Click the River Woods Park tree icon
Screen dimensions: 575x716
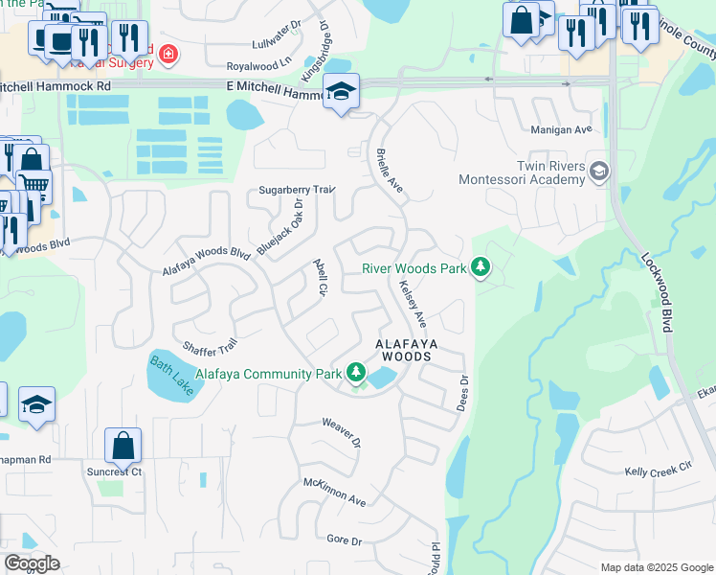[481, 268]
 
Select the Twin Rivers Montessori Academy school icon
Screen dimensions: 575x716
[599, 172]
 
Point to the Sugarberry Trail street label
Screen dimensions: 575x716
[297, 191]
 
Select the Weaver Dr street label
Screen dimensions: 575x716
[341, 433]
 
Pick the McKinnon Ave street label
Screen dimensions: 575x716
[335, 493]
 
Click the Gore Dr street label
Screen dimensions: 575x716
[345, 541]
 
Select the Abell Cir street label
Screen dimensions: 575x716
[321, 277]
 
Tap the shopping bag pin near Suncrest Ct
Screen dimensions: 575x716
[123, 446]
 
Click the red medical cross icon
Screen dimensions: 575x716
[168, 54]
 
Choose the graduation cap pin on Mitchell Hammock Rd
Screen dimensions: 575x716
[341, 92]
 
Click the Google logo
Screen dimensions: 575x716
[32, 563]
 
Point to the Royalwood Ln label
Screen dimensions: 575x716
[258, 67]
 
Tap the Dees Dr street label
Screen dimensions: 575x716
[464, 393]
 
